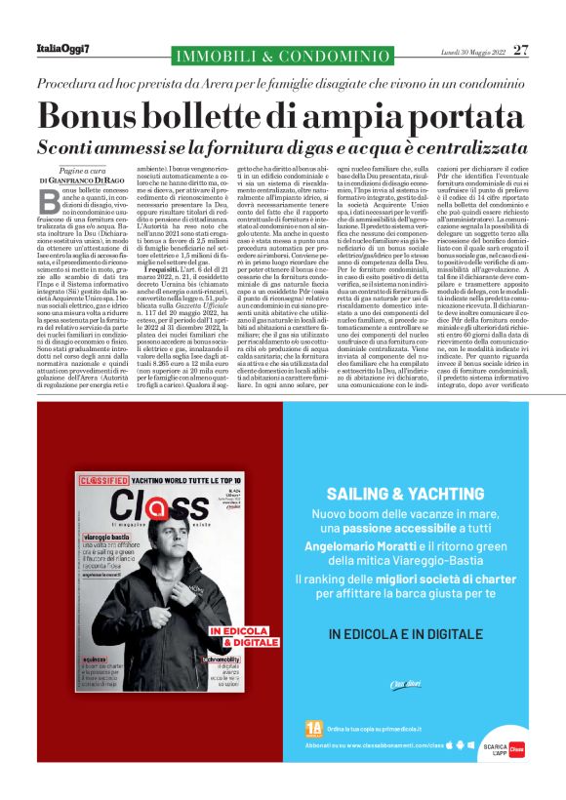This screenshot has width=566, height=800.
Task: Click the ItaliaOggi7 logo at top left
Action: [x=64, y=49]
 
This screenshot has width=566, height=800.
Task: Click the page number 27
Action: [x=520, y=49]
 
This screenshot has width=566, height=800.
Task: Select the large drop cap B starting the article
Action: [x=47, y=200]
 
